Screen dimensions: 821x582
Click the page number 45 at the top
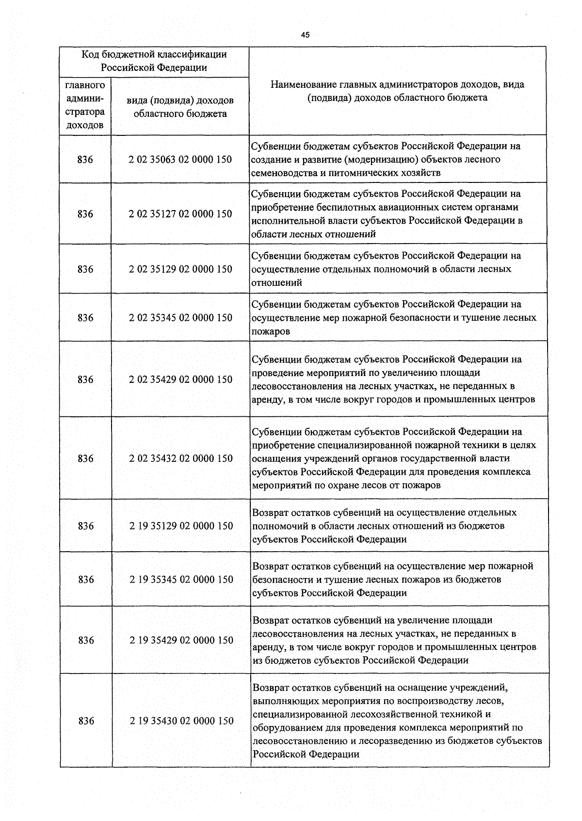pos(305,35)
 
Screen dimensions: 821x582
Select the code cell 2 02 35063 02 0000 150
pos(180,160)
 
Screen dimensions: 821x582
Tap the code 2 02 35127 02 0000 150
pos(180,214)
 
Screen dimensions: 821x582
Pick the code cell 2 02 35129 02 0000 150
pos(180,269)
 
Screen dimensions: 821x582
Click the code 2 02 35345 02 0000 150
pos(180,318)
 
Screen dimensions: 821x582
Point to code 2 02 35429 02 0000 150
pos(180,379)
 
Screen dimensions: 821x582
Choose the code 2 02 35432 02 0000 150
pos(180,459)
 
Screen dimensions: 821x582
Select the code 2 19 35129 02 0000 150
pos(181,526)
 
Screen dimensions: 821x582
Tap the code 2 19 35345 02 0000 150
pos(181,579)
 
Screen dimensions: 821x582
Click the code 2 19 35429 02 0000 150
pos(181,640)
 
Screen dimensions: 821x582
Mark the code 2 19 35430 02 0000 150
pos(181,721)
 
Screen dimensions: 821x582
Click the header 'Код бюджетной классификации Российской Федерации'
pos(154,61)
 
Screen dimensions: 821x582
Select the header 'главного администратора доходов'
pos(85,105)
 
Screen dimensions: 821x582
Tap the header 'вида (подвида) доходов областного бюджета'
pos(180,107)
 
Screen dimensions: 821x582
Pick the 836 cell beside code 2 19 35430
pos(86,721)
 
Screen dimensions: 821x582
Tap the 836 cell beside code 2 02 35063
pos(85,160)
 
